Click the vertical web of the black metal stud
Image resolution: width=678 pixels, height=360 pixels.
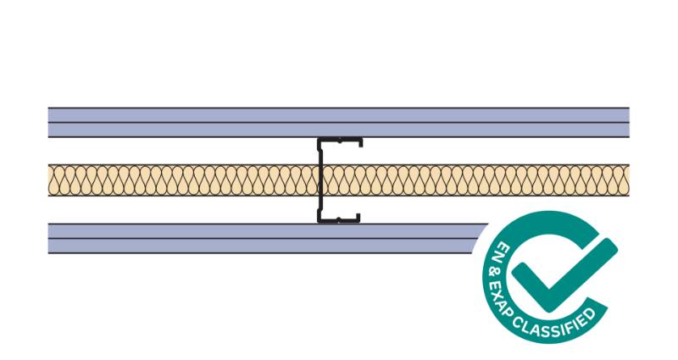(320, 180)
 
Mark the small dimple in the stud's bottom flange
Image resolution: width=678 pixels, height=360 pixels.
(338, 219)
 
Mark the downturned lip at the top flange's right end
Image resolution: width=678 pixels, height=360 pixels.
(361, 142)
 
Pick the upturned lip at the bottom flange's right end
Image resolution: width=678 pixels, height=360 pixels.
(358, 218)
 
